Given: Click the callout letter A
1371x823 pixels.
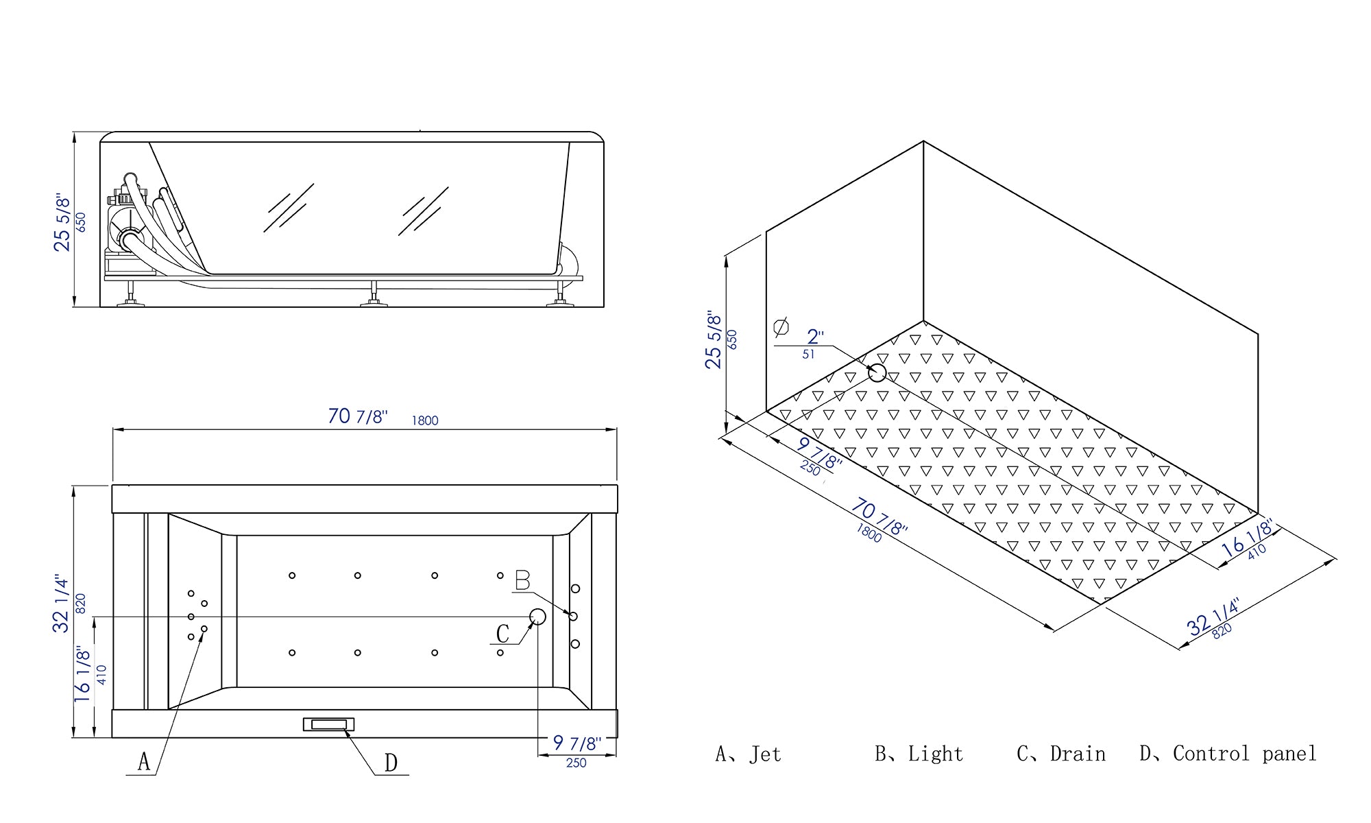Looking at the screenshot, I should tap(143, 761).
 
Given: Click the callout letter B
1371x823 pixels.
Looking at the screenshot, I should tap(522, 581).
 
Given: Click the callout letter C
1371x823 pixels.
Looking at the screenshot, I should tap(502, 634).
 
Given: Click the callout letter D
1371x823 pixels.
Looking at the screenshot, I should tap(391, 763).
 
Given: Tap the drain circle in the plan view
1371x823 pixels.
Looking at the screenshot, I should tap(537, 617).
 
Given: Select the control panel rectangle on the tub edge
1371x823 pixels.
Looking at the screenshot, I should tap(328, 724).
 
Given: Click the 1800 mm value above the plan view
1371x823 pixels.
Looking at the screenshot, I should tap(424, 420).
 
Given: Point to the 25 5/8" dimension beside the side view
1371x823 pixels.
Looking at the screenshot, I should tap(62, 222).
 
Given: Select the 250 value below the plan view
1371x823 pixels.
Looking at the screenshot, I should tap(576, 763).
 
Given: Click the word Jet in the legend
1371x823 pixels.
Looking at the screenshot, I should tap(765, 754).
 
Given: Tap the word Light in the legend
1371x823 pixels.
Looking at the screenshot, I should tap(935, 754).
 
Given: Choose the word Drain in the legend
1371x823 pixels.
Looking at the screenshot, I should tap(1078, 754).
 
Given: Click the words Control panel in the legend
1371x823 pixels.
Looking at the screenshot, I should tap(1244, 754).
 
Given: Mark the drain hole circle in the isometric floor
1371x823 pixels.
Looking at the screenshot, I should tap(877, 373).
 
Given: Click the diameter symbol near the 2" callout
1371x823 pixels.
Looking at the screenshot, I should tap(781, 327).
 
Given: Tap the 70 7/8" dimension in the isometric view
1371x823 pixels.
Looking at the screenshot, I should tap(879, 517).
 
